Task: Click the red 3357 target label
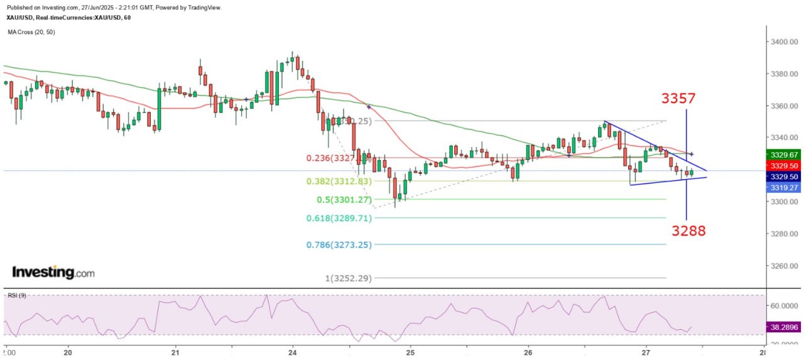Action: (678, 99)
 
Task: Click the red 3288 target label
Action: (688, 231)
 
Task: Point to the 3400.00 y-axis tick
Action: (784, 42)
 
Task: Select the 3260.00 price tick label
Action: (784, 266)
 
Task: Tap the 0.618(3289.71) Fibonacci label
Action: (339, 218)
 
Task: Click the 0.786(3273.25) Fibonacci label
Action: (339, 244)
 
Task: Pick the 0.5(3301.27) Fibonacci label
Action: (344, 200)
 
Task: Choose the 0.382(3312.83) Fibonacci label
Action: (339, 182)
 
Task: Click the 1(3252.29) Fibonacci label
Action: (347, 278)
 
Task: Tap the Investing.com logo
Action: (53, 273)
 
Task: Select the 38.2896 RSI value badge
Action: (783, 327)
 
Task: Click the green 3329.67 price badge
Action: (783, 155)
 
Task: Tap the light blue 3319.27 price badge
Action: (783, 187)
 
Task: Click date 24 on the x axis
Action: (292, 352)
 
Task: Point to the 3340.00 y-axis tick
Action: (784, 138)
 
